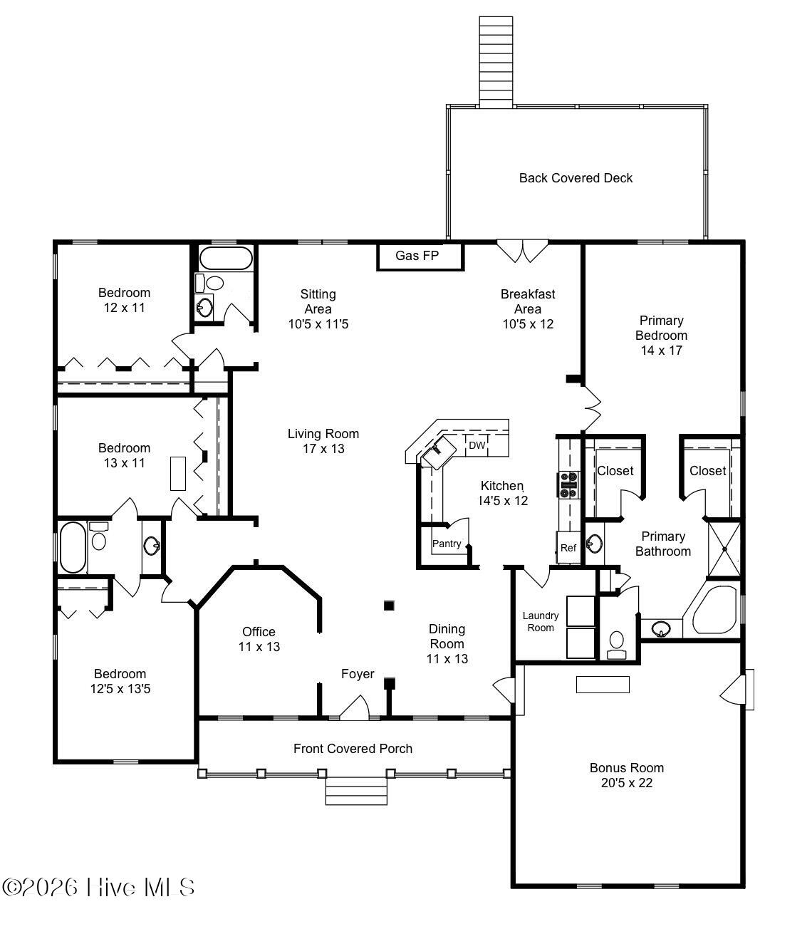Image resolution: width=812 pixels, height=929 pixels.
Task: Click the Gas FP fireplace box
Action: pos(420,256)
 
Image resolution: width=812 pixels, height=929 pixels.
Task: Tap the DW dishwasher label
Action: pos(477,445)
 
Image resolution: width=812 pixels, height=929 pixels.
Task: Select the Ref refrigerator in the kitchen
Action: pos(568,547)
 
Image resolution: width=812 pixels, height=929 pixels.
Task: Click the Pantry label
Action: pos(447,544)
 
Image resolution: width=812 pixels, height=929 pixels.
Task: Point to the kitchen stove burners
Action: pos(569,485)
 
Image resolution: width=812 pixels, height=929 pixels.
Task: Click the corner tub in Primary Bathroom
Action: pos(712,610)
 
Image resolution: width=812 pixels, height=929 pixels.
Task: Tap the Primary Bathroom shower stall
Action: pos(724,549)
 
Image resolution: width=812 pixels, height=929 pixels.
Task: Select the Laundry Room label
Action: pos(540,622)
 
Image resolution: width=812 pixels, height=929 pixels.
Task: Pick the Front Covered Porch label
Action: pos(353,749)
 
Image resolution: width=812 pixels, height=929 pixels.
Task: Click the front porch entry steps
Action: pos(356,791)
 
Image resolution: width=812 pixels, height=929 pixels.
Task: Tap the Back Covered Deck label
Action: pos(576,178)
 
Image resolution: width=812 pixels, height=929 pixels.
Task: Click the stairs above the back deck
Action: pos(496,62)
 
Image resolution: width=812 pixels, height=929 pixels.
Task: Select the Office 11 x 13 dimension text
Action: pos(259,647)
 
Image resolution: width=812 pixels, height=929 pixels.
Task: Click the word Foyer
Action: pos(358,674)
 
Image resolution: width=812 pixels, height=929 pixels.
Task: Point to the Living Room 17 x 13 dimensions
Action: pos(323,449)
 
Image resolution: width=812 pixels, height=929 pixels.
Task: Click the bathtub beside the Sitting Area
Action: pos(226,259)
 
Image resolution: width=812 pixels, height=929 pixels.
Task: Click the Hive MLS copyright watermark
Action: pos(98,887)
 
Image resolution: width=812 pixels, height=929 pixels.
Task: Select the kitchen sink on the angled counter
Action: pos(439,452)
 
